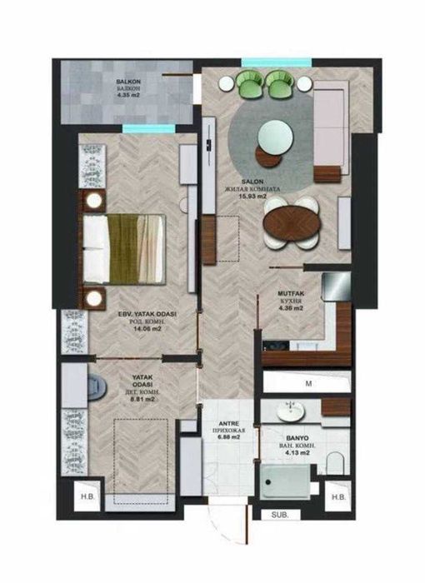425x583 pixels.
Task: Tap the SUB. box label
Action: click(278, 516)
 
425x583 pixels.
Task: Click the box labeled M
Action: click(307, 383)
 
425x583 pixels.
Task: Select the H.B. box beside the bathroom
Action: click(337, 498)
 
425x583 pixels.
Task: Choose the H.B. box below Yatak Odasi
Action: click(86, 498)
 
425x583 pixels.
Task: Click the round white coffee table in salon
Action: click(273, 133)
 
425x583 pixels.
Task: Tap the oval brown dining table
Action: click(287, 224)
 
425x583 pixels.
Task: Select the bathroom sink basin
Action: click(292, 410)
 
